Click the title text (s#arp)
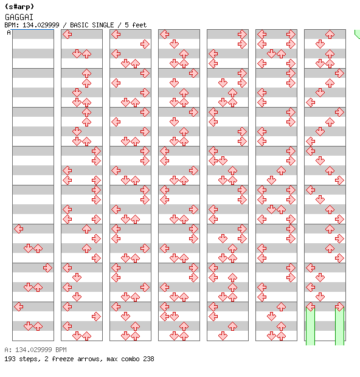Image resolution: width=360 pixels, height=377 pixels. point(19,7)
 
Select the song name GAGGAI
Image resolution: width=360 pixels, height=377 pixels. point(19,17)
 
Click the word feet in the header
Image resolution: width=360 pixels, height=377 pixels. point(139,25)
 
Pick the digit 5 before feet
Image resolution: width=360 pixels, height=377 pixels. point(126,25)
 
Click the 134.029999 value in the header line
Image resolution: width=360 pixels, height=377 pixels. point(41,25)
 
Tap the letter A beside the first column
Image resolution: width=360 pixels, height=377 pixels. point(9,32)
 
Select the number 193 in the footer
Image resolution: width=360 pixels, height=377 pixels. point(10,359)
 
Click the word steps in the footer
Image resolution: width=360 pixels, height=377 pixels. point(29,359)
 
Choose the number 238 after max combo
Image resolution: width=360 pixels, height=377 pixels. point(148,359)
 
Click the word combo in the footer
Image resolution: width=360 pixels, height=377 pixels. point(130,359)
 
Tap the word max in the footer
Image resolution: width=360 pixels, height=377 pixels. point(112,359)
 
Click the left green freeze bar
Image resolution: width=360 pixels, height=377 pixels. point(311,327)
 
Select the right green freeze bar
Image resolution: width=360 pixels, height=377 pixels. point(339,327)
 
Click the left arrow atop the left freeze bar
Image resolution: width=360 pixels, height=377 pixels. point(311,307)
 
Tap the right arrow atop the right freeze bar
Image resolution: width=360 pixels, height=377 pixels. point(339,307)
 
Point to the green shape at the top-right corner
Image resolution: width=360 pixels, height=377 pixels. point(358,34)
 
